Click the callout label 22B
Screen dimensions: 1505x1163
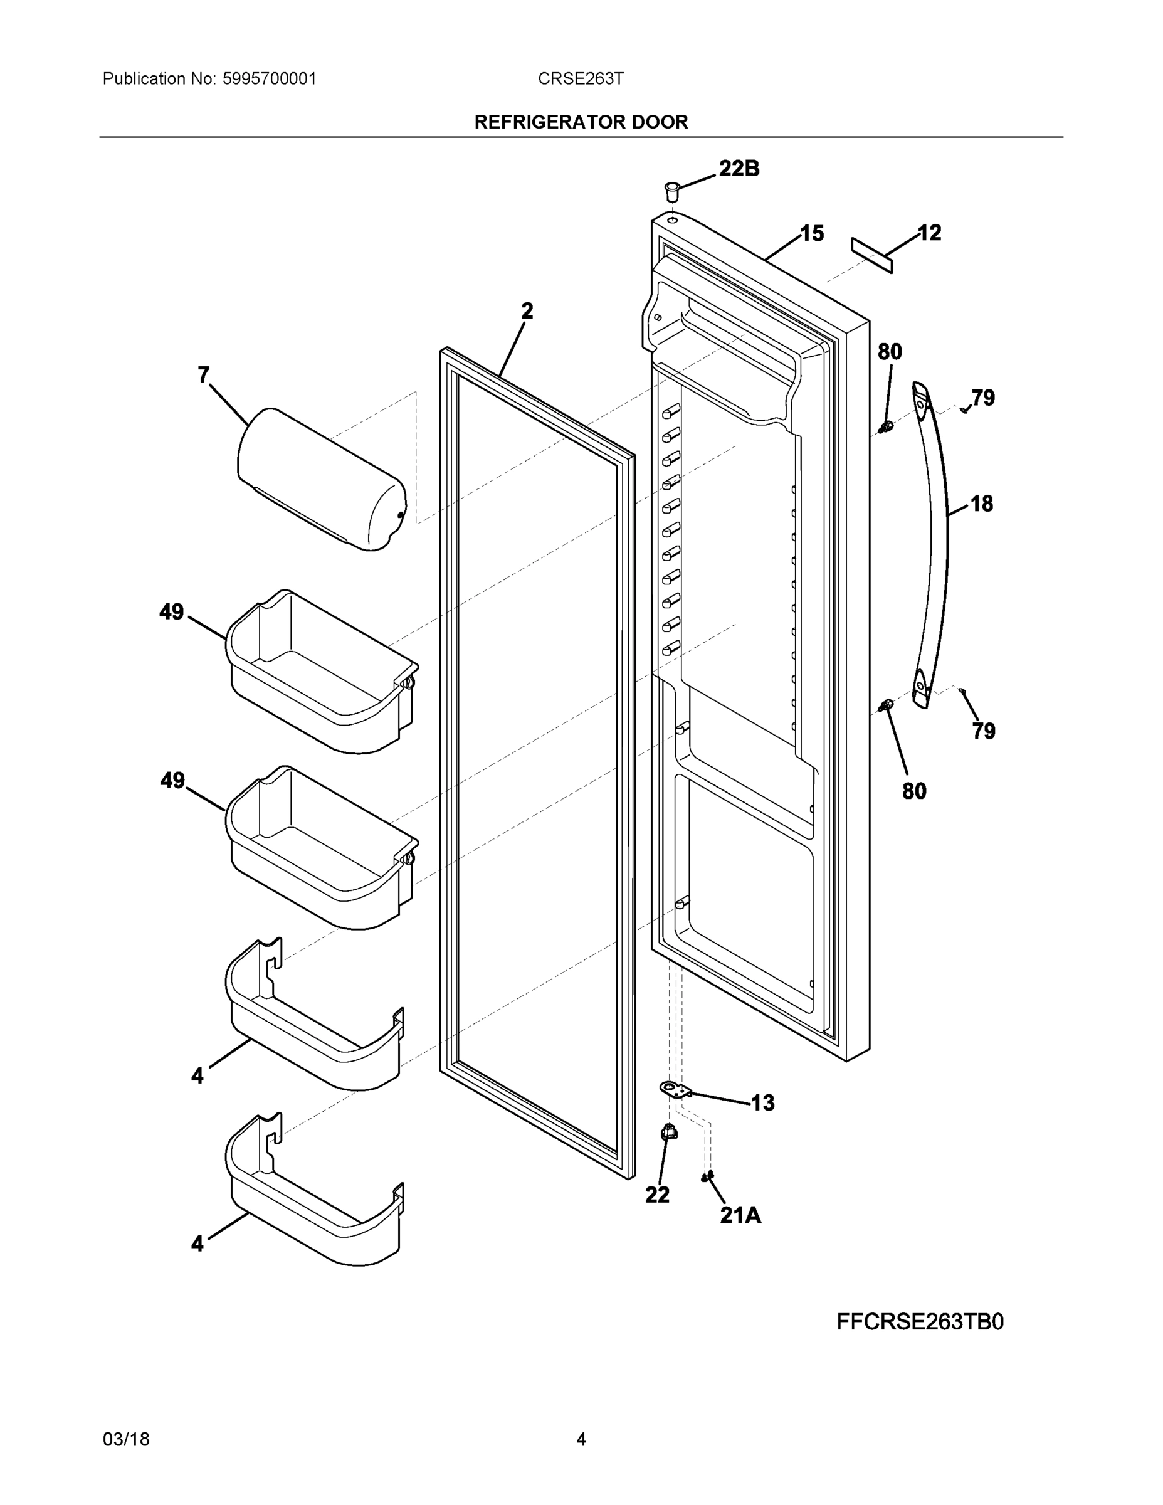[x=739, y=168]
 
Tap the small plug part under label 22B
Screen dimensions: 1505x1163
[x=671, y=190]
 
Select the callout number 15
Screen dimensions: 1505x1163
[x=812, y=234]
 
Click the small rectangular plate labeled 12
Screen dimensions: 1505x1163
[x=871, y=255]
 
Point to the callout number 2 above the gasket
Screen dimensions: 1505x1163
[x=527, y=312]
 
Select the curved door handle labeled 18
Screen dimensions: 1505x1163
[x=935, y=544]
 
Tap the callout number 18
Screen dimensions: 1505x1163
[x=982, y=504]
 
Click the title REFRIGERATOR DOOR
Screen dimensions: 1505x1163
[x=581, y=122]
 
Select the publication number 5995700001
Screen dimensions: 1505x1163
[x=269, y=78]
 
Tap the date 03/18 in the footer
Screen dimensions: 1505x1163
[x=126, y=1440]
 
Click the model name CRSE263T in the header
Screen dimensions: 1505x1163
[x=581, y=78]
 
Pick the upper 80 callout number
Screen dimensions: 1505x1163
[x=890, y=352]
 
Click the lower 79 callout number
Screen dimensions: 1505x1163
[x=984, y=731]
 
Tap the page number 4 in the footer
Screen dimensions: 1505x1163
[x=581, y=1440]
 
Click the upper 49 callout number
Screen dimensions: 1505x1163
[x=172, y=612]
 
